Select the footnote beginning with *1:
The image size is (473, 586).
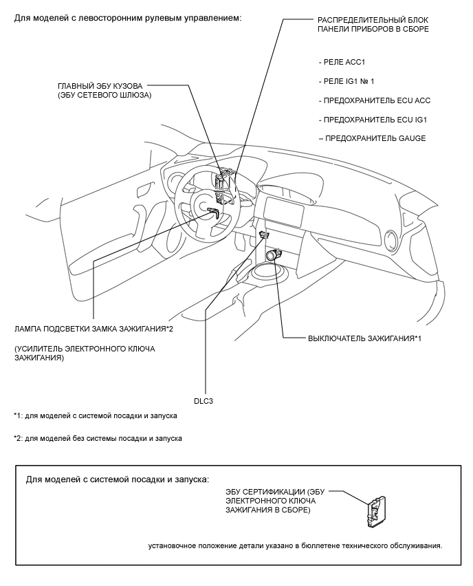click(96, 416)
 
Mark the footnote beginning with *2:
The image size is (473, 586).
click(98, 439)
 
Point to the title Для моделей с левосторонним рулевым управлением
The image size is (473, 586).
click(128, 17)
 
